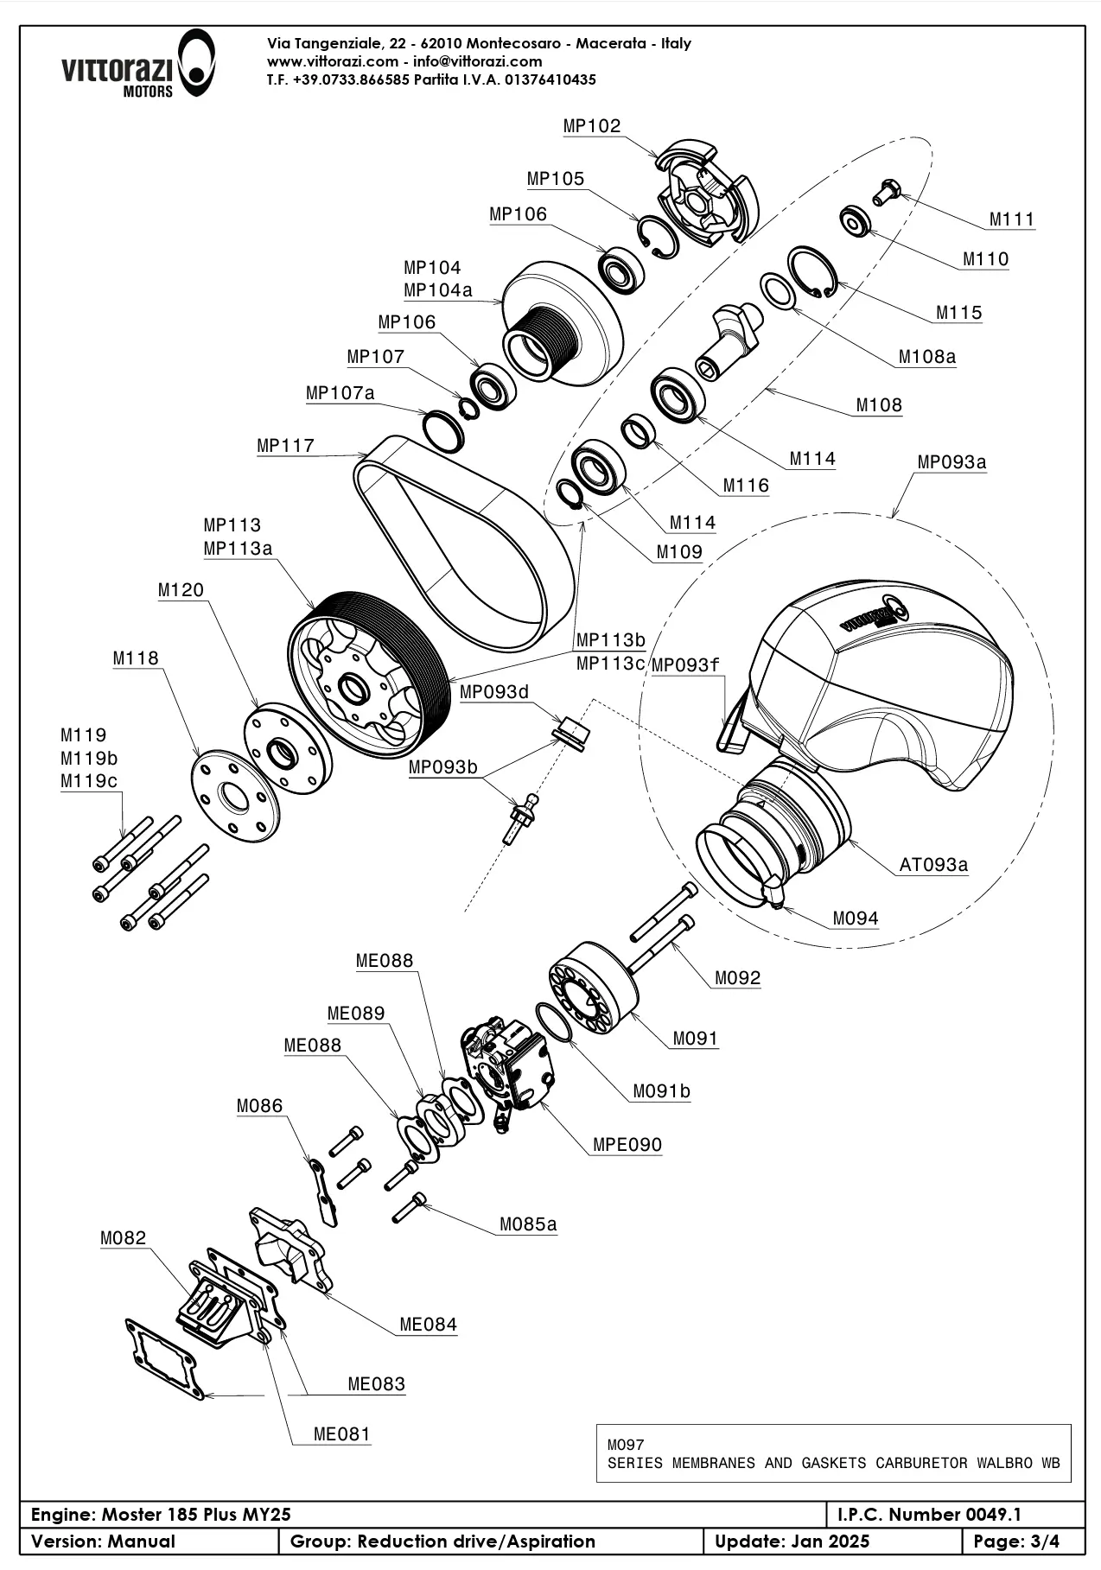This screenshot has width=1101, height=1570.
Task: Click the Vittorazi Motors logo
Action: click(137, 65)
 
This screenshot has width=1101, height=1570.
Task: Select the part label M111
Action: click(1011, 219)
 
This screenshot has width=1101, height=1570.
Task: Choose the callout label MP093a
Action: click(951, 462)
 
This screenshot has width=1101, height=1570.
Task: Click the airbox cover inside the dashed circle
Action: click(873, 683)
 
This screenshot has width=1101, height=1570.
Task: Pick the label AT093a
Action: click(933, 864)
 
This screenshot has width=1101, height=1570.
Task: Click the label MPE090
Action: click(627, 1145)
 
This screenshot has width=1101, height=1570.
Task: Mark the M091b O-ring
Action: click(556, 1022)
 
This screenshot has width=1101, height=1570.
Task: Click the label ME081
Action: click(341, 1434)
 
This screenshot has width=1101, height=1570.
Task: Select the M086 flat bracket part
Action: click(322, 1192)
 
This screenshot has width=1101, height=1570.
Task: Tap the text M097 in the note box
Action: click(626, 1445)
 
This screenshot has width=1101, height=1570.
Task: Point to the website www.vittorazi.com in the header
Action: click(332, 61)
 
